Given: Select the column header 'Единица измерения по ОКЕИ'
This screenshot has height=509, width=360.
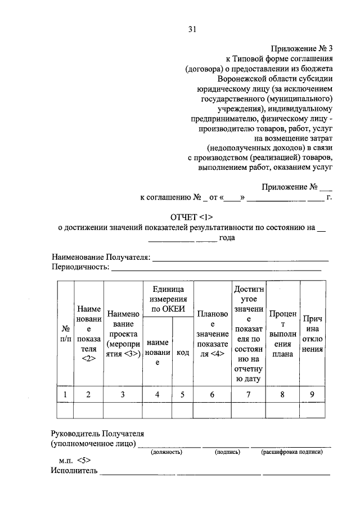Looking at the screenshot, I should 168,298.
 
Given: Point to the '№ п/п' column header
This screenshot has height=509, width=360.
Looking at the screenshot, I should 66,334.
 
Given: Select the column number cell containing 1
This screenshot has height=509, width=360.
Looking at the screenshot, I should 66,394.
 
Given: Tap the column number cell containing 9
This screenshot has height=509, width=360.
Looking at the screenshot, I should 312,394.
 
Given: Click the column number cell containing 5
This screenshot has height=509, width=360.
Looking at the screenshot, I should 183,394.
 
